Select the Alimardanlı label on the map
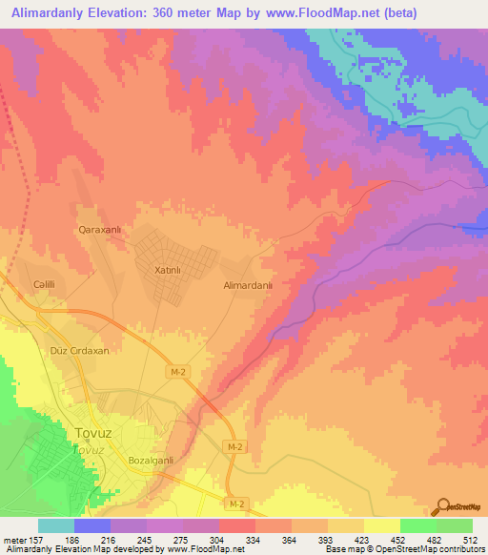[x=248, y=285]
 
